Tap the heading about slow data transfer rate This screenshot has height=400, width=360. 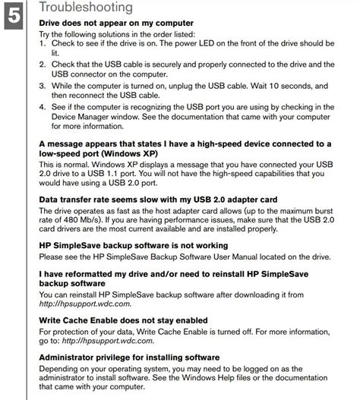click(x=141, y=200)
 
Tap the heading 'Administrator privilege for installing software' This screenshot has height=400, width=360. click(x=129, y=357)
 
